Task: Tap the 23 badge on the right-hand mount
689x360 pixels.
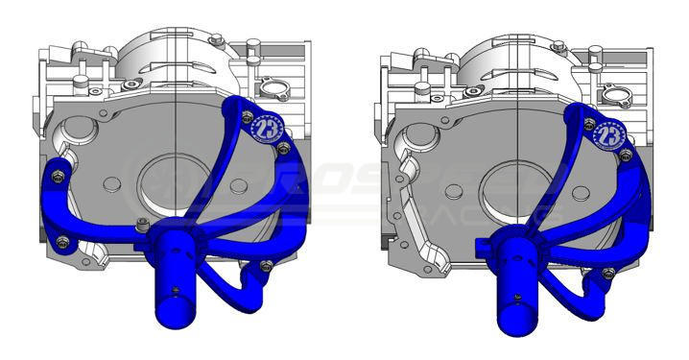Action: coord(608,134)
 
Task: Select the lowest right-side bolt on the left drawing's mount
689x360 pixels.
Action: coord(266,266)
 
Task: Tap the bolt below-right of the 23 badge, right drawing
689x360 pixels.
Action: coord(629,154)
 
